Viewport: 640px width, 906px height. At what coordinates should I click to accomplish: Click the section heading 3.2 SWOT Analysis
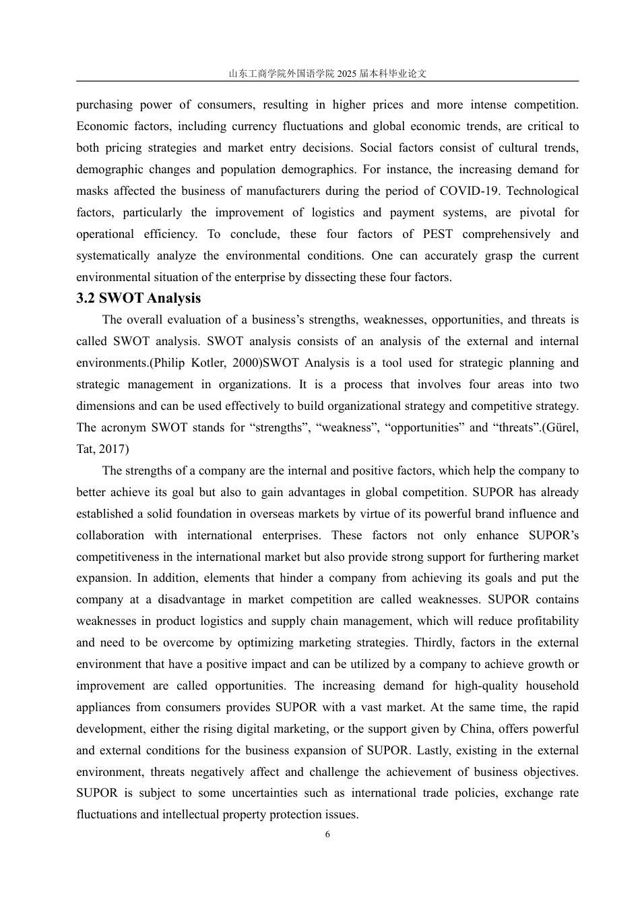138,298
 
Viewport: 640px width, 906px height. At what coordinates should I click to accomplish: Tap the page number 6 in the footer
327,834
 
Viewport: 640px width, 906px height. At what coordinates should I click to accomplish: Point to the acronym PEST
438,234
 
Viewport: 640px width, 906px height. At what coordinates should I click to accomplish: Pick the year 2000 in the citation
245,363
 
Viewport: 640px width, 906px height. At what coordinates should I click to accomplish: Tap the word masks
91,191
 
